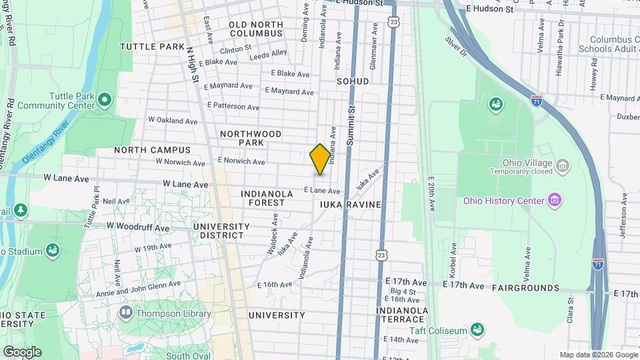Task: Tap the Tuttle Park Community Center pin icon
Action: (104, 100)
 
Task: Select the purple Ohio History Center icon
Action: (553, 199)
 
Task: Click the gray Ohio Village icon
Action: (562, 165)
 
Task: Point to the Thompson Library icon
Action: (125, 312)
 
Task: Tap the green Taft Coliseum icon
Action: (477, 329)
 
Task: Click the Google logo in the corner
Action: (21, 352)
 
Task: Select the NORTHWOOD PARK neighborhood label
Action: (251, 138)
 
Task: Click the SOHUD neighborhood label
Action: (353, 81)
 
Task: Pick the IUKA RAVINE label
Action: (351, 205)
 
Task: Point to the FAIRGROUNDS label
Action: (525, 288)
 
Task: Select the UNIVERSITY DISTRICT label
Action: (221, 231)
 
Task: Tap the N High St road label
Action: (192, 65)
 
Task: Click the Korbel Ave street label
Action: (454, 254)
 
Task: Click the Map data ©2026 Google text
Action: (597, 355)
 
